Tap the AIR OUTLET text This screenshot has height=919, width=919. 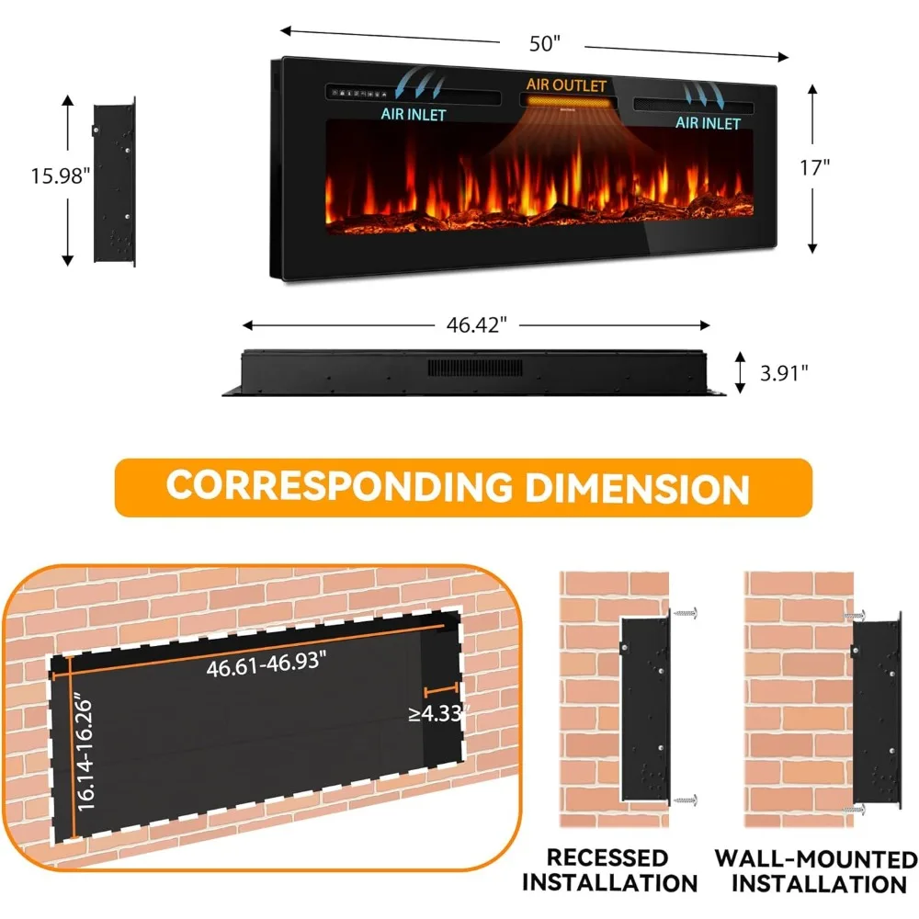(566, 85)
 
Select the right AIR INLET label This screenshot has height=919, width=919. (708, 122)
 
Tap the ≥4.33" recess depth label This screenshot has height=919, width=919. (439, 712)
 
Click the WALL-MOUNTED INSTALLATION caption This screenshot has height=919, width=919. (816, 871)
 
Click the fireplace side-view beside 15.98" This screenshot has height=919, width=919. (114, 182)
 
